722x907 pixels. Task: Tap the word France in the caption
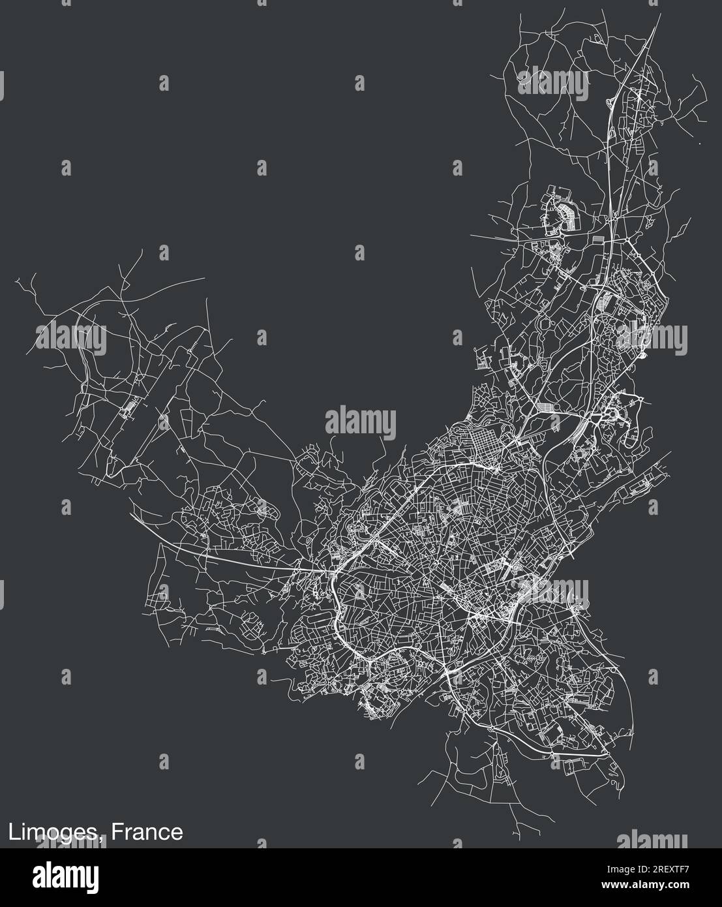[147, 832]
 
